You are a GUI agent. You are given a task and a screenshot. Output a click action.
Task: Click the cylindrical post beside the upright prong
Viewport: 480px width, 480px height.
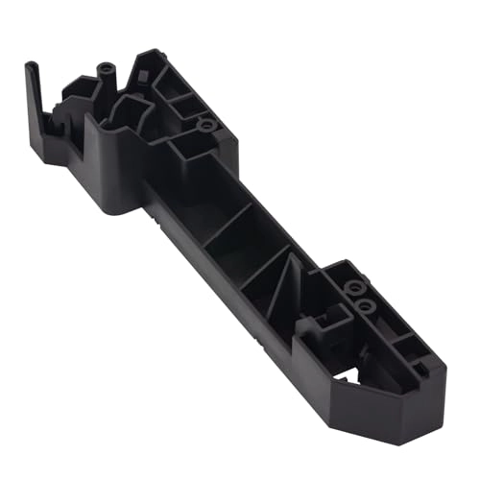103,75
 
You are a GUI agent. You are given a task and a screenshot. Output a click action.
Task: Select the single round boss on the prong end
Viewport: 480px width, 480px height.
204,125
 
